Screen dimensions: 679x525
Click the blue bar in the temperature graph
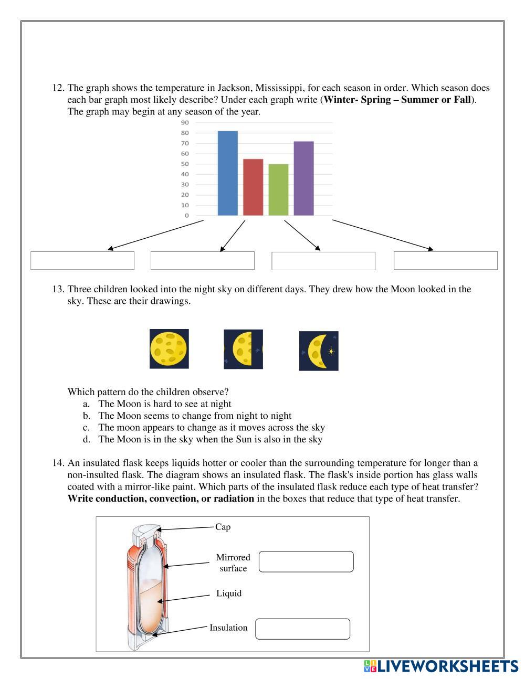227,173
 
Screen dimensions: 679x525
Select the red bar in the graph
253,187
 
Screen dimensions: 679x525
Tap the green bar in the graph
278,190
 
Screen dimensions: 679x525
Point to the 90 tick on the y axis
185,122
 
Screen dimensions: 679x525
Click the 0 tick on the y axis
186,215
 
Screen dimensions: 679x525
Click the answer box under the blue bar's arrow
82,261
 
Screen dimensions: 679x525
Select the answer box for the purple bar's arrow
445,261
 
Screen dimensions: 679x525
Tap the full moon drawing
169,348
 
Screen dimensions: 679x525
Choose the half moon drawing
243,349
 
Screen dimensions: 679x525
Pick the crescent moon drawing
317,351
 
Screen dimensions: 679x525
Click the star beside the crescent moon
331,351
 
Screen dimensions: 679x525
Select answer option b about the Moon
194,416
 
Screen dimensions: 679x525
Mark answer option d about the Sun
210,439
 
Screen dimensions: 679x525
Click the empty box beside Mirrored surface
306,561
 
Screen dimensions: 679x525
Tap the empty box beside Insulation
302,629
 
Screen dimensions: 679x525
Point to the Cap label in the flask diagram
223,527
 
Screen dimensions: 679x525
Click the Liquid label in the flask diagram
229,593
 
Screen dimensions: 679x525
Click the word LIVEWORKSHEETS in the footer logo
448,666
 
